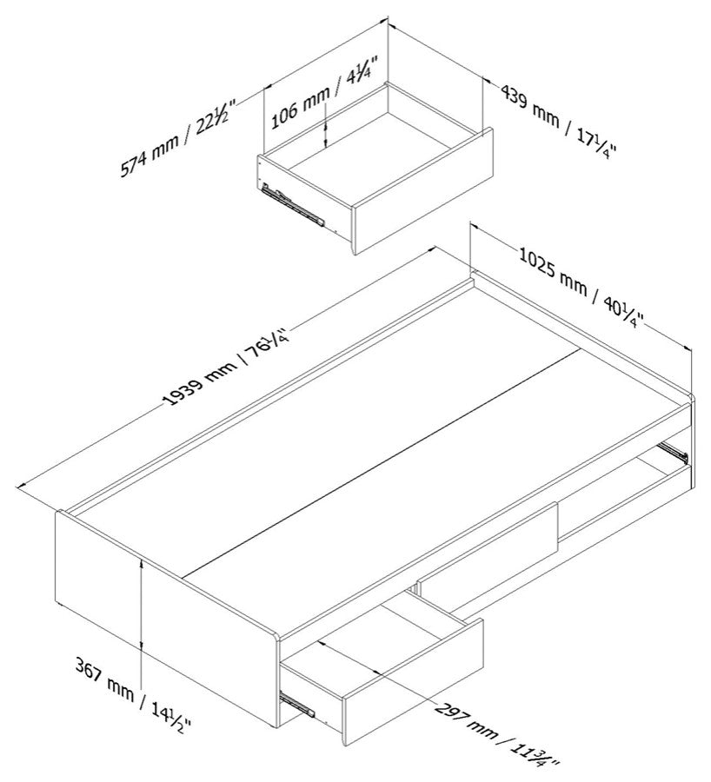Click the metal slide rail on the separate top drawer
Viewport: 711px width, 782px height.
[293, 204]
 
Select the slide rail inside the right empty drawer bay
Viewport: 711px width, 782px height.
[674, 450]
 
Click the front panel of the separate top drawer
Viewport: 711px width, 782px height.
[423, 190]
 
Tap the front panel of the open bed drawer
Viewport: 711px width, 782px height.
[413, 683]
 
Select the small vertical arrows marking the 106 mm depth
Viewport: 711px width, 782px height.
[325, 135]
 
